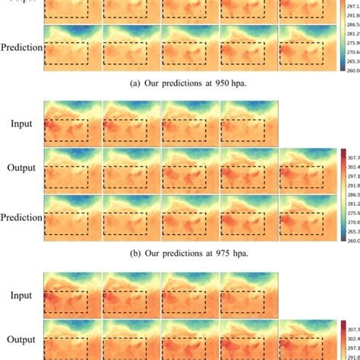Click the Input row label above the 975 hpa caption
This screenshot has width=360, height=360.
click(x=21, y=123)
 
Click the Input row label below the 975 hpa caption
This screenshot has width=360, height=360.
click(x=21, y=292)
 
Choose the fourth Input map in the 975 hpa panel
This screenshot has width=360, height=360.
click(x=249, y=122)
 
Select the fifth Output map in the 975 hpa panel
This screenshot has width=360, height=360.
click(x=308, y=169)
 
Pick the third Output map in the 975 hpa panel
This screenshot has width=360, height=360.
click(x=190, y=169)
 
